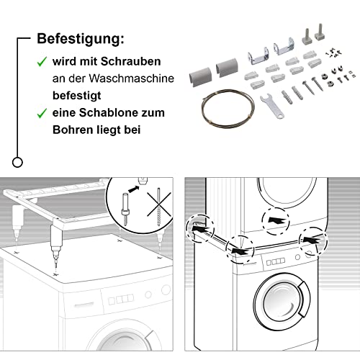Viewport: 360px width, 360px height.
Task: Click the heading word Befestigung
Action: tap(81, 39)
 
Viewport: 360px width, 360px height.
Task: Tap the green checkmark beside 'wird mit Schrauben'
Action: tap(42, 61)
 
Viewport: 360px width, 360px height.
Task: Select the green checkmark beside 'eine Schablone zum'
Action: tap(42, 113)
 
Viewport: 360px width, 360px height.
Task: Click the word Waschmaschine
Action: tap(131, 78)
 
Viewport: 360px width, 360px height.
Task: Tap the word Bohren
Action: tap(73, 130)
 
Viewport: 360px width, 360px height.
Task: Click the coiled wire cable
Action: tap(228, 108)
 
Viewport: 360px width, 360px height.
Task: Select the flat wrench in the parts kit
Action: tap(272, 107)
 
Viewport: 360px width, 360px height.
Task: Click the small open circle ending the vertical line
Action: tap(17, 162)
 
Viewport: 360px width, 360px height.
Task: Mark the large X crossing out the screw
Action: tap(159, 204)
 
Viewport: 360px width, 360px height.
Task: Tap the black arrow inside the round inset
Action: tap(134, 189)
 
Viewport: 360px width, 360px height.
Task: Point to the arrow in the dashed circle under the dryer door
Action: tap(276, 220)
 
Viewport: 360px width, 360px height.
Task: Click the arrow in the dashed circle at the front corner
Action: tap(240, 251)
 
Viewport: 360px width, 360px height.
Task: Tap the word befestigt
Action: tap(77, 96)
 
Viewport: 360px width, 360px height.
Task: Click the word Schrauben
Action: tap(130, 61)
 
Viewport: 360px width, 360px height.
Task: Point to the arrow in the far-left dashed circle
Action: tap(201, 228)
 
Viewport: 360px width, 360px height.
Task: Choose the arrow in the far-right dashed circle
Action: tap(312, 240)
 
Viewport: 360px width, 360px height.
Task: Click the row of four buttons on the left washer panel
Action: tap(121, 300)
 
